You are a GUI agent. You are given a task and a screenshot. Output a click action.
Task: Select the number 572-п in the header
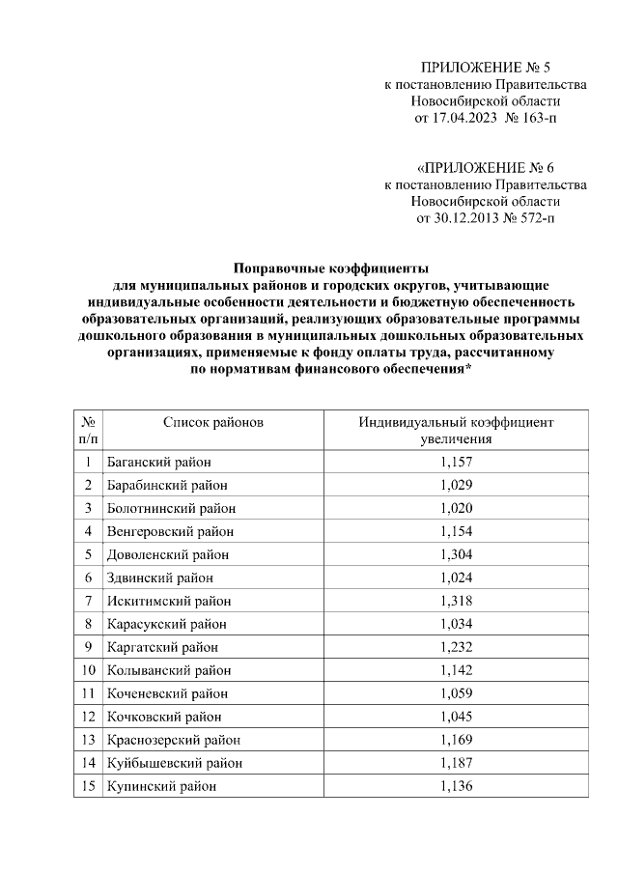(x=536, y=218)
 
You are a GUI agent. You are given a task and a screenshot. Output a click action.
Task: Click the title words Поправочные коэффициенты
(x=330, y=268)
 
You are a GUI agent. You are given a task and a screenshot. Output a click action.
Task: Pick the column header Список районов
(x=212, y=422)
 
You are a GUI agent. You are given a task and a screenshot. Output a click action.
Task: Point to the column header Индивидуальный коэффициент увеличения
(x=456, y=431)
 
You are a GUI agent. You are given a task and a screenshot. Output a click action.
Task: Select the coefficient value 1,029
(x=456, y=485)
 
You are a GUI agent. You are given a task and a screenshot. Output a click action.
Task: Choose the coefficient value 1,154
(x=456, y=531)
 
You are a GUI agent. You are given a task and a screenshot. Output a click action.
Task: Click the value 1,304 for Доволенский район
(x=456, y=554)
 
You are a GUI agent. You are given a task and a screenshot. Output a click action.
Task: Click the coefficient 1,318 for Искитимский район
(x=456, y=601)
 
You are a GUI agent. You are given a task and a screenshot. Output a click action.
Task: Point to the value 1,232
(x=456, y=647)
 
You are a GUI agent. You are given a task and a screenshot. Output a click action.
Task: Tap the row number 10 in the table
(x=88, y=670)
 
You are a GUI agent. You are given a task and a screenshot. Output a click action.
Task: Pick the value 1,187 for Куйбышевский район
(x=456, y=763)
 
